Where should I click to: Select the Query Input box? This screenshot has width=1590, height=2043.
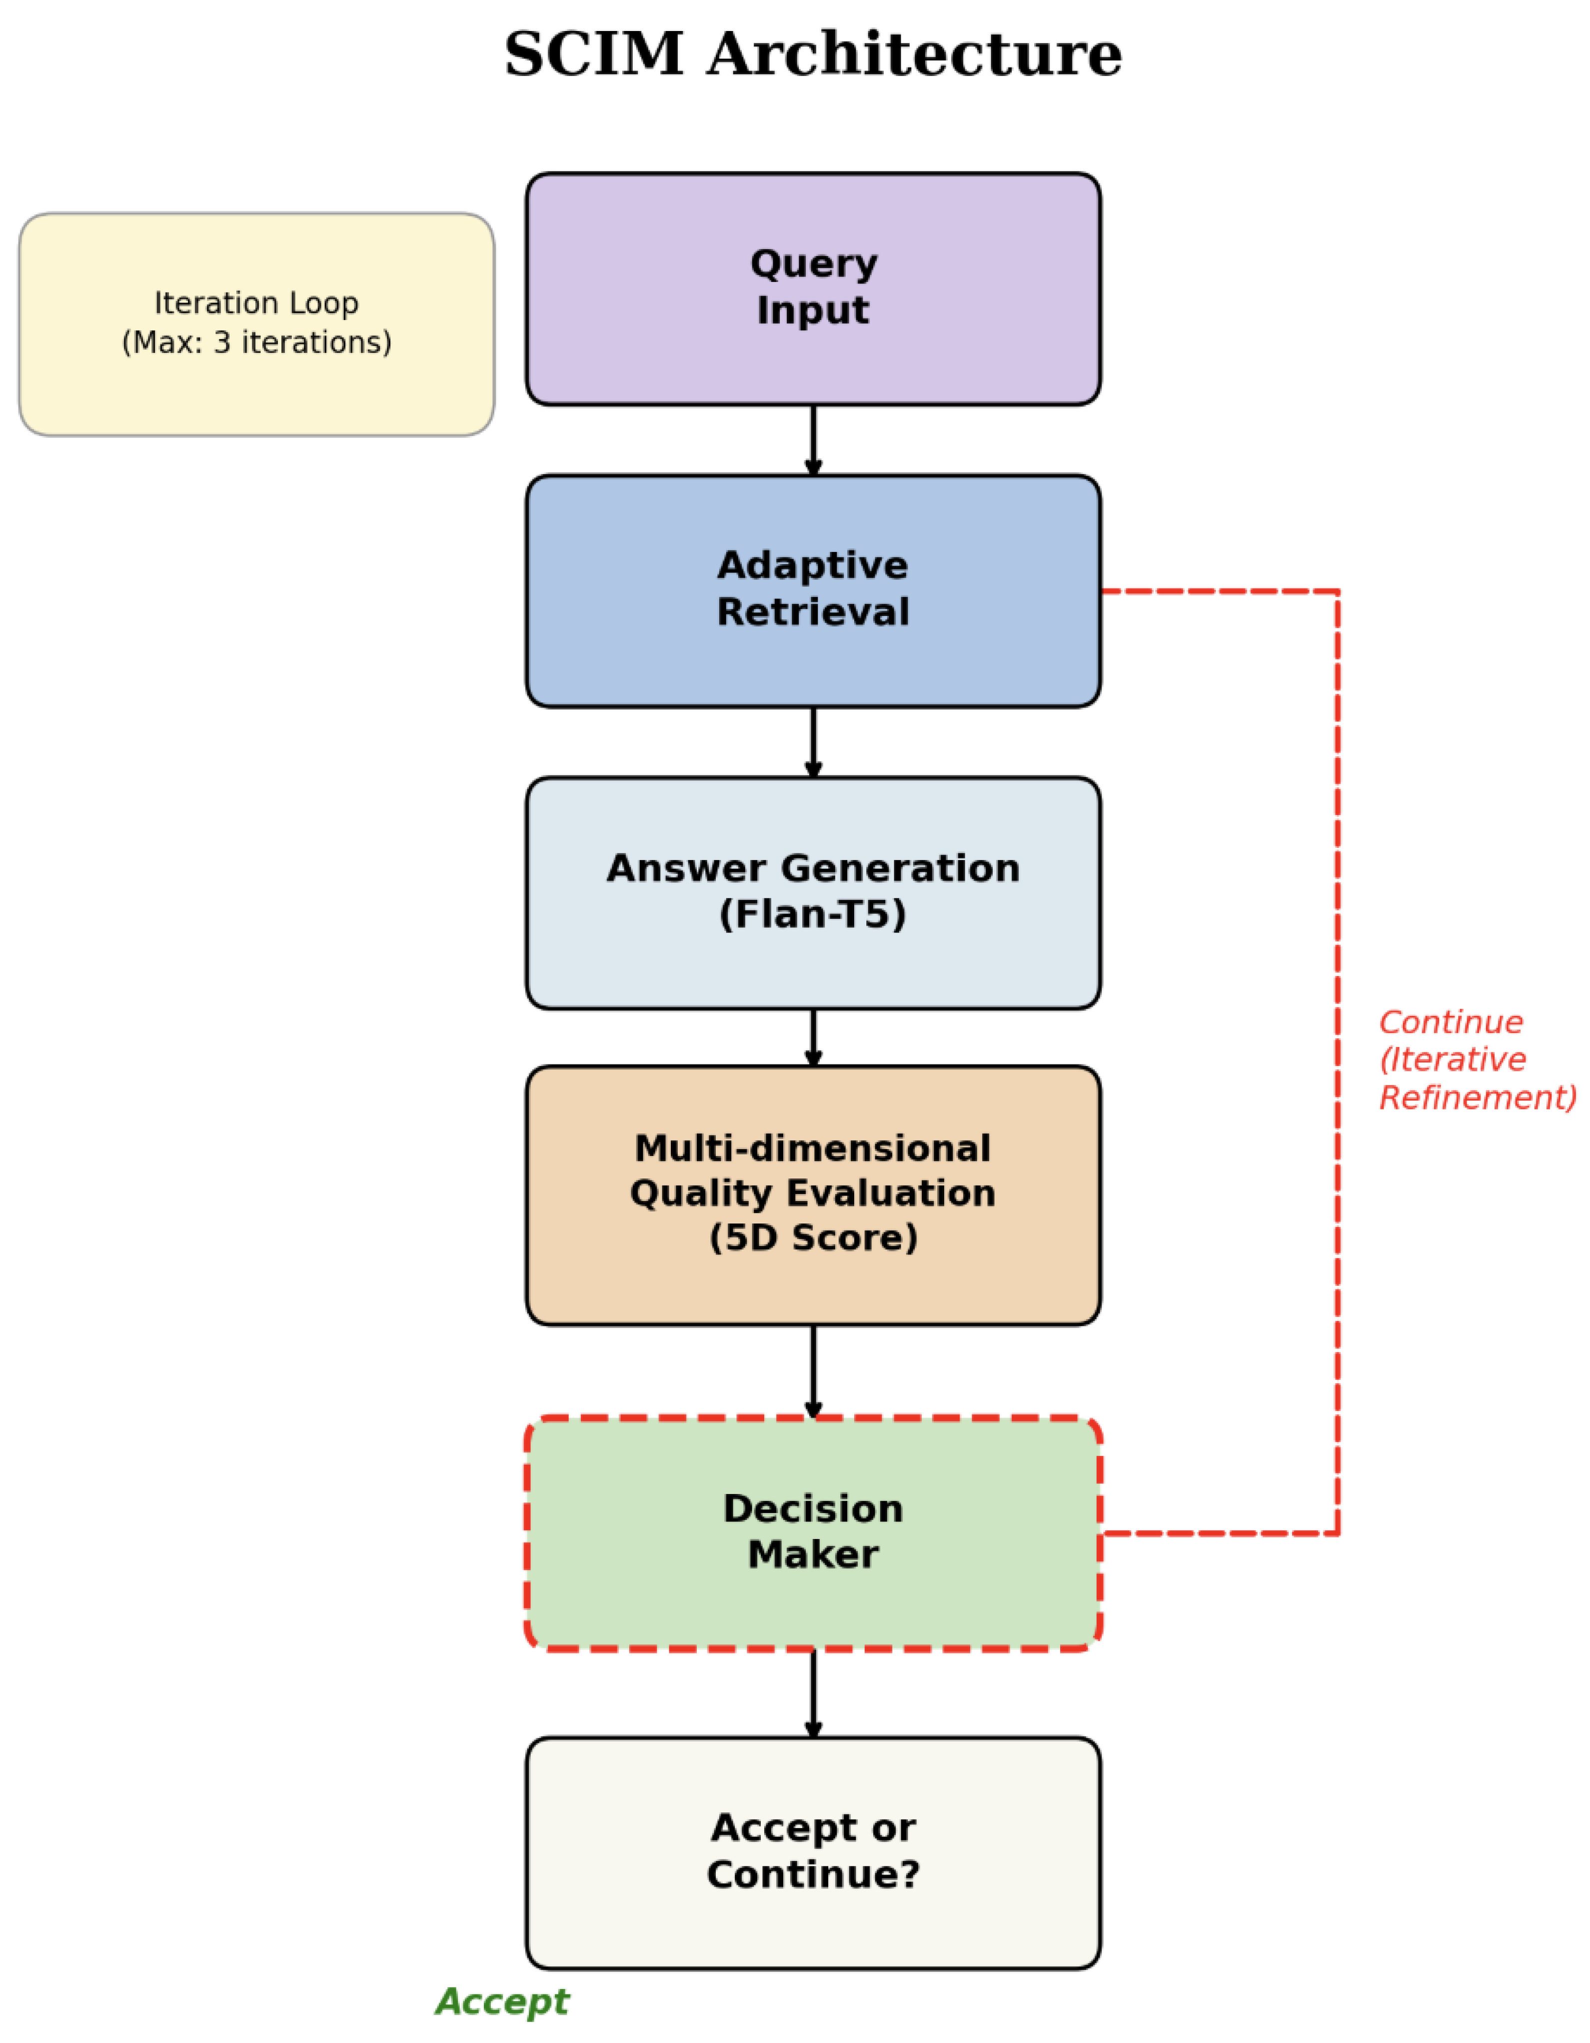(x=813, y=288)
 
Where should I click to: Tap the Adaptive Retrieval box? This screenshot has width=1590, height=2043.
(x=813, y=590)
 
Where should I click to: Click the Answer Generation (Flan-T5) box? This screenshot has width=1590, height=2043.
(x=813, y=892)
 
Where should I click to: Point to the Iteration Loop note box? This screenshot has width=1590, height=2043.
(x=256, y=323)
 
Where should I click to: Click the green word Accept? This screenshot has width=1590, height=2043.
(x=502, y=2002)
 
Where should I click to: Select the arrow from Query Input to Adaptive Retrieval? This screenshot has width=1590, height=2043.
(x=813, y=439)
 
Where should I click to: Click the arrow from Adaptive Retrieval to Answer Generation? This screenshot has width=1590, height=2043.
(x=813, y=742)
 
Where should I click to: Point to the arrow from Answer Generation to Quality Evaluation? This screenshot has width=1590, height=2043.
(x=813, y=1037)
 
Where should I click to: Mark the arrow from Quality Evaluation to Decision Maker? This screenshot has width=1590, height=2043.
(x=813, y=1371)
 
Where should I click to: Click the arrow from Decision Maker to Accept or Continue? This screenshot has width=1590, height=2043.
(x=813, y=1694)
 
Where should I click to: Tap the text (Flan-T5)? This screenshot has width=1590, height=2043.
(x=813, y=914)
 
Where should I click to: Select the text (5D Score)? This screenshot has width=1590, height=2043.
(x=813, y=1237)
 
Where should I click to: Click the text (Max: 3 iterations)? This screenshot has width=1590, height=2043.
(x=256, y=342)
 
